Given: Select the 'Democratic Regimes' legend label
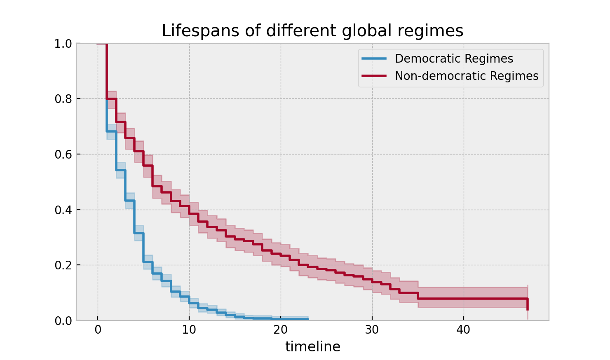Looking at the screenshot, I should pyautogui.click(x=454, y=59).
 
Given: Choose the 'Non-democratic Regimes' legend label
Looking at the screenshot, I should pyautogui.click(x=467, y=76).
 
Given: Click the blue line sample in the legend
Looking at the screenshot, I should pyautogui.click(x=374, y=59).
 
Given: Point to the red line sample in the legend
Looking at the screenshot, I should pyautogui.click(x=374, y=76).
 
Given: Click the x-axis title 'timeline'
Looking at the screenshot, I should pyautogui.click(x=312, y=347).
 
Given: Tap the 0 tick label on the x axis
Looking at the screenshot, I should pyautogui.click(x=98, y=330).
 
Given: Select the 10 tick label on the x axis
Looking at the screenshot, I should pyautogui.click(x=189, y=330).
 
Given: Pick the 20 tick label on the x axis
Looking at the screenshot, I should pyautogui.click(x=281, y=330).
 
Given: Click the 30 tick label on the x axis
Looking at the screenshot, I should pyautogui.click(x=372, y=330).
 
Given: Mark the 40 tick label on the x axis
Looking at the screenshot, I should pyautogui.click(x=464, y=330).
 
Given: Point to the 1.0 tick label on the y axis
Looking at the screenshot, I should pyautogui.click(x=63, y=44).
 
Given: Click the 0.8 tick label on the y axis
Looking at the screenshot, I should pyautogui.click(x=63, y=99).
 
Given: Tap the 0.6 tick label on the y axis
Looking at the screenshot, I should pyautogui.click(x=63, y=154).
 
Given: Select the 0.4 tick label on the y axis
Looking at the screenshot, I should pyautogui.click(x=63, y=210).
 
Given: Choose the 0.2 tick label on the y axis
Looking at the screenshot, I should pyautogui.click(x=63, y=265).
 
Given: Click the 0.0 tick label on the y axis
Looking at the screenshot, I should pyautogui.click(x=63, y=320).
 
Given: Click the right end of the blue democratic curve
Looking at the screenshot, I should pyautogui.click(x=308, y=319).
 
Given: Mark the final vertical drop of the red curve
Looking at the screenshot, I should pyautogui.click(x=528, y=304).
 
